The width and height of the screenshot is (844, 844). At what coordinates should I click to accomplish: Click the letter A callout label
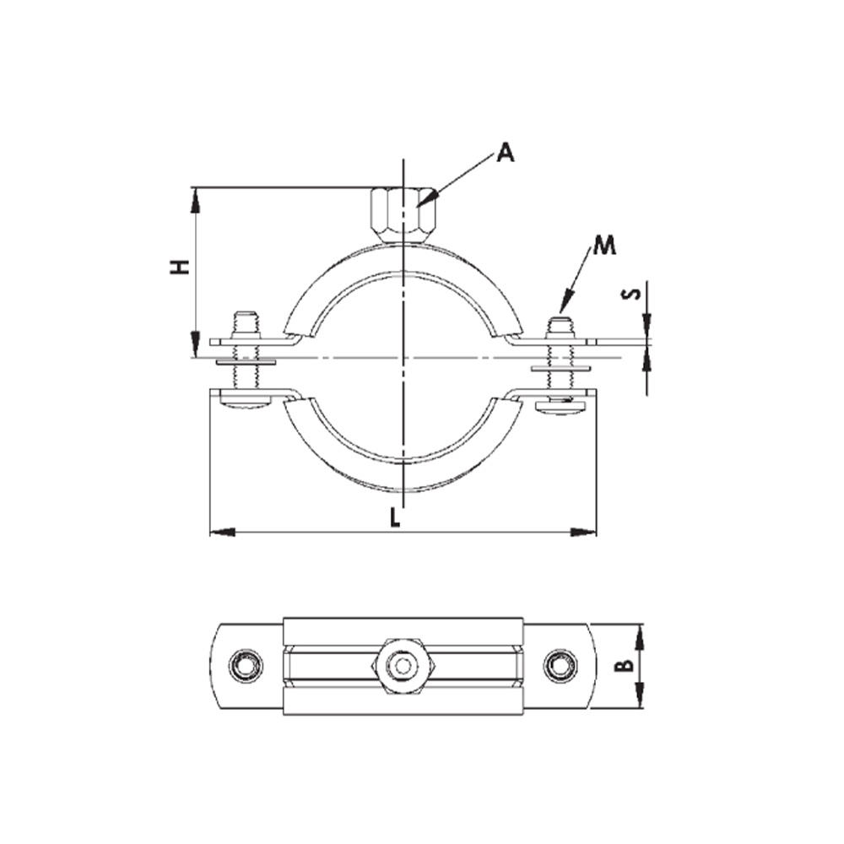(x=505, y=152)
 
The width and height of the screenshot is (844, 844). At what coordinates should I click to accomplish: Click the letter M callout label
(x=603, y=246)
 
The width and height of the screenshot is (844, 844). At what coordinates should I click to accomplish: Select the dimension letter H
(x=180, y=268)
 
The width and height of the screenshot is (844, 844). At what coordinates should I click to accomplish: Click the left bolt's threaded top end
(x=246, y=322)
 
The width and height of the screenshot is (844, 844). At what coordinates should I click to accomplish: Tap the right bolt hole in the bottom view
(x=558, y=667)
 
